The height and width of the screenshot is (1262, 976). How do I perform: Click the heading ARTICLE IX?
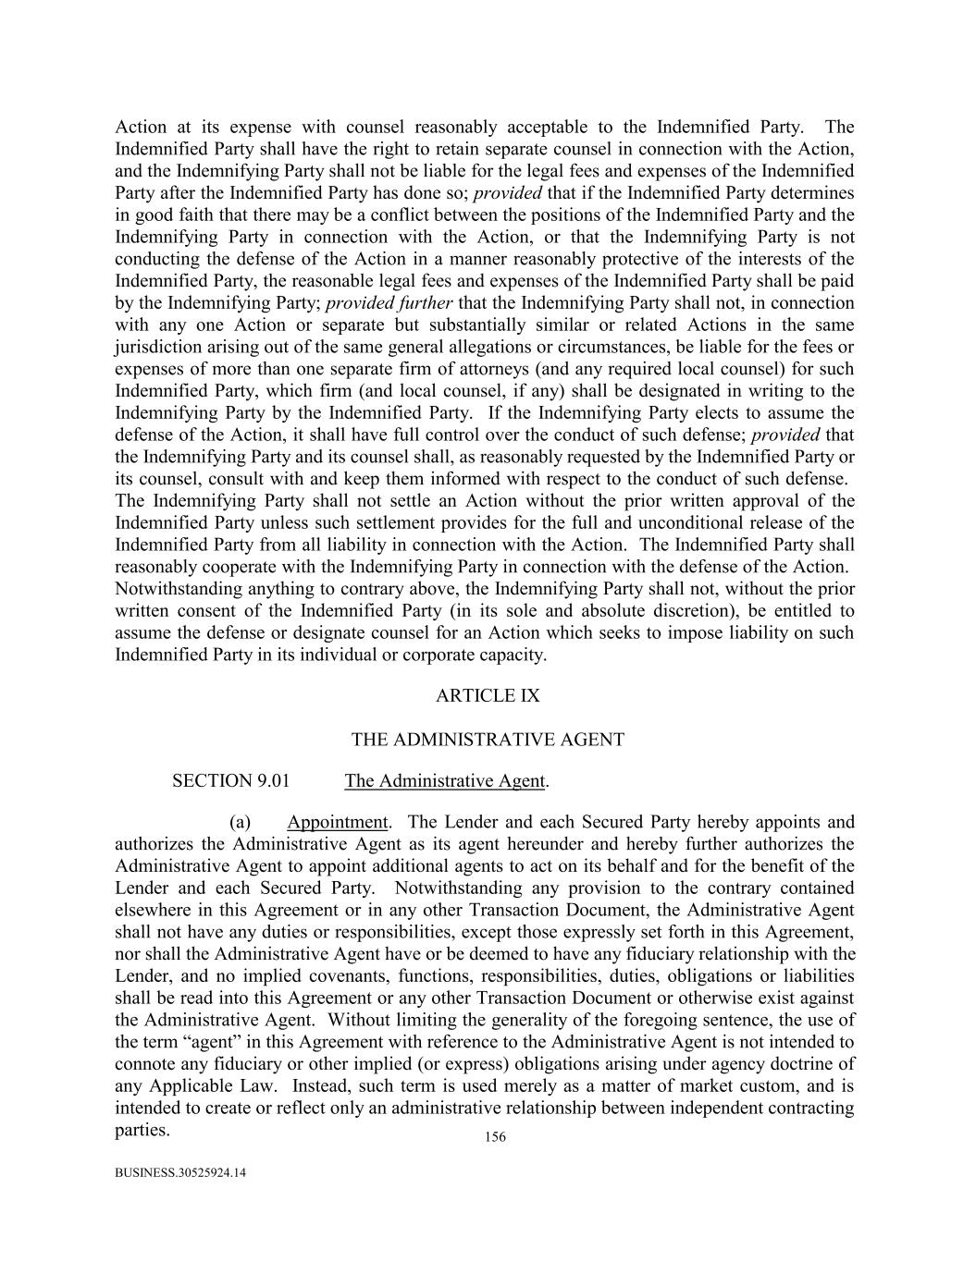coord(488,696)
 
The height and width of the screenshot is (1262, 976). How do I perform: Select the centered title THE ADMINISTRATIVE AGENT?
coord(488,740)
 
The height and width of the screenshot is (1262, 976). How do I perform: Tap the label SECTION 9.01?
coord(230,781)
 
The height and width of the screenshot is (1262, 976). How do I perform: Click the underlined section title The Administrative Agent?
coord(445,781)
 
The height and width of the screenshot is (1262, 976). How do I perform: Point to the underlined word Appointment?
coord(337,822)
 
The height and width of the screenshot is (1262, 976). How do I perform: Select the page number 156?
coord(495,1137)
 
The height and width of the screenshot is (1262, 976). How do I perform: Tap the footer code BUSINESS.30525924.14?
coord(181,1173)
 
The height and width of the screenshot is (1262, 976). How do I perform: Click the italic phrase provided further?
coord(389,303)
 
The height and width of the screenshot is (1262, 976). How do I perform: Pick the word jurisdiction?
coord(160,348)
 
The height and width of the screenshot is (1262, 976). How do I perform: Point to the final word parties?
coord(142,1130)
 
